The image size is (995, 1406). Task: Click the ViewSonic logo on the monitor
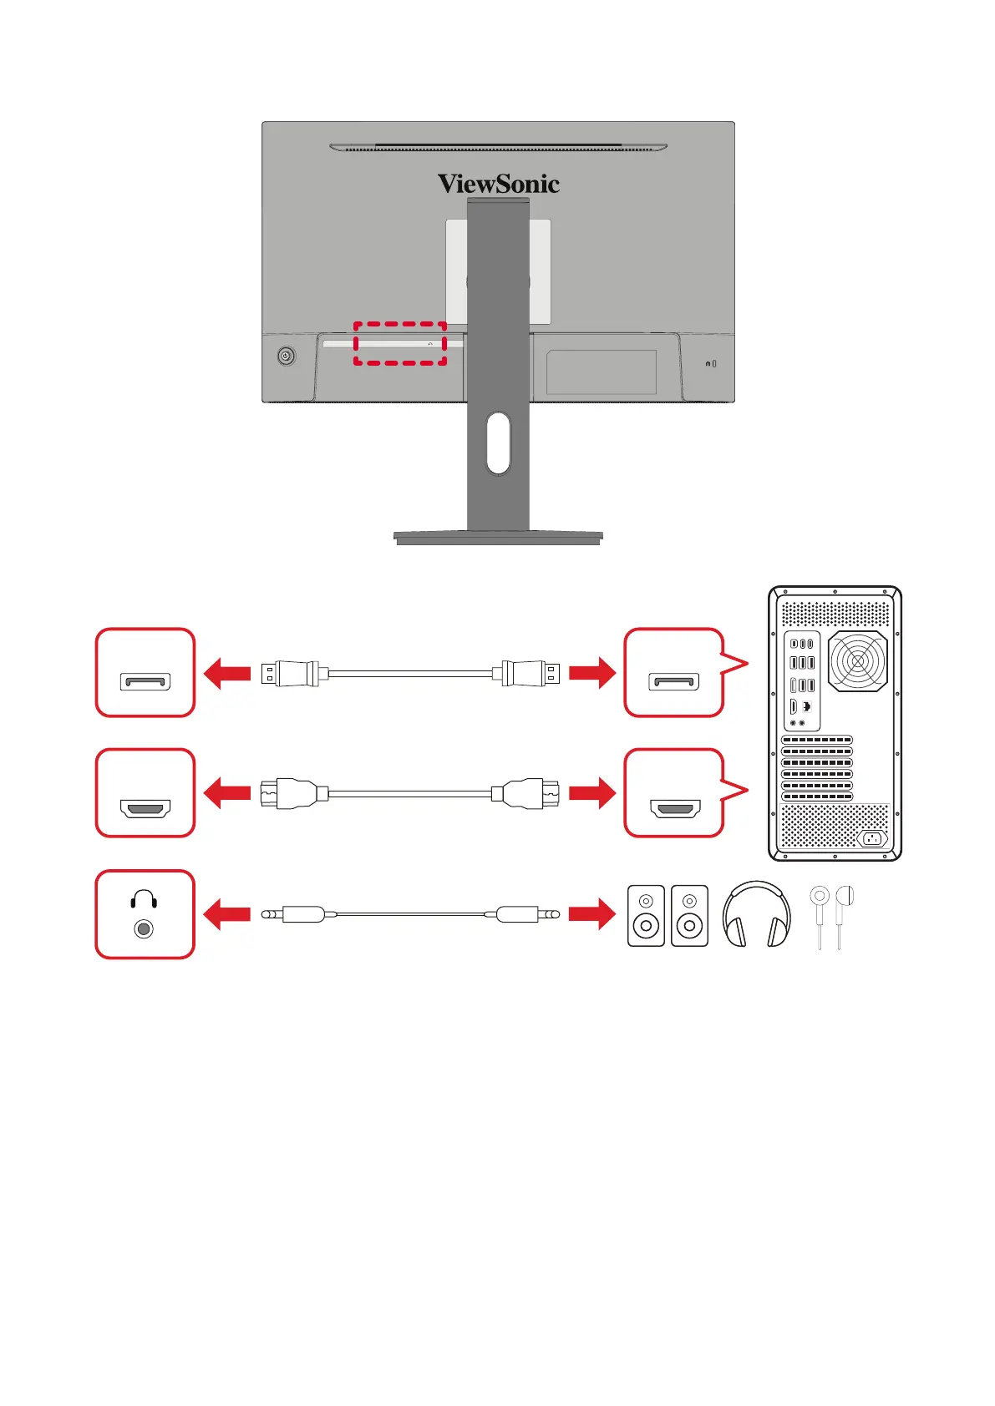pos(498,184)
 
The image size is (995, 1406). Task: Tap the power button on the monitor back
pos(287,357)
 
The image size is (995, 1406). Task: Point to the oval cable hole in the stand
pos(498,443)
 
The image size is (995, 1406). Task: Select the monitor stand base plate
pos(498,537)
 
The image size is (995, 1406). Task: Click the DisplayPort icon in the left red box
pos(146,681)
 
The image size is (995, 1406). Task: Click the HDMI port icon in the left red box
pos(146,808)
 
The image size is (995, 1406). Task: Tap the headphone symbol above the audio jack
pos(144,898)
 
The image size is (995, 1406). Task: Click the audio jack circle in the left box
pos(144,928)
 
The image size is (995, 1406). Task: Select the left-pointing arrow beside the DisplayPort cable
pos(226,673)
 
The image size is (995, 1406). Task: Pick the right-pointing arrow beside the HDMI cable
pos(591,793)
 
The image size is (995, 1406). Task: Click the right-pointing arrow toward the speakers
pos(591,914)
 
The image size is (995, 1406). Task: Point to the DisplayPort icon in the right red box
pos(674,681)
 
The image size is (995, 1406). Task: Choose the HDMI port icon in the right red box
pos(674,808)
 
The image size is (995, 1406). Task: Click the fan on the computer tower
pos(857,661)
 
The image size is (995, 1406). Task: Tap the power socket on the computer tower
pos(871,838)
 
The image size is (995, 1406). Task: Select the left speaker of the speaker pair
pos(646,916)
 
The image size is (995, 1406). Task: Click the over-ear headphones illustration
pos(756,914)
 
